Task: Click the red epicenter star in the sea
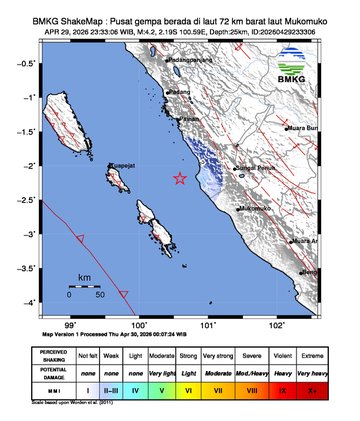pos(180,179)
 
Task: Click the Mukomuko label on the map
pos(258,208)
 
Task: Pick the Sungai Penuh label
pos(255,168)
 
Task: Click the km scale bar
pos(84,286)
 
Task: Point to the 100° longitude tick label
pos(140,324)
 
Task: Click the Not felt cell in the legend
pos(88,356)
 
